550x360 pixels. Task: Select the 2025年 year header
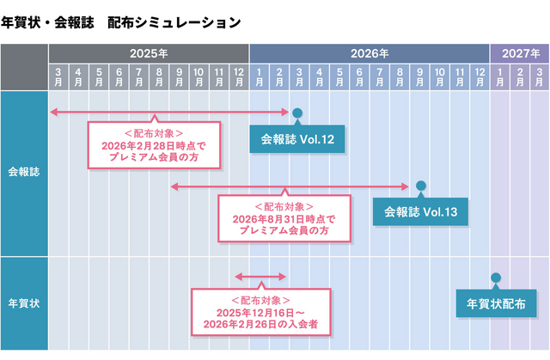click(149, 52)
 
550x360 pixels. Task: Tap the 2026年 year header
click(370, 52)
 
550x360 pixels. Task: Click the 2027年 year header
click(520, 52)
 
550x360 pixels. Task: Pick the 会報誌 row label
click(24, 172)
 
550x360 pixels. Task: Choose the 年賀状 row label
click(24, 303)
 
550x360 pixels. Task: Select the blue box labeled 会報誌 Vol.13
click(420, 211)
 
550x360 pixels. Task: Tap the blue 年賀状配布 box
click(496, 303)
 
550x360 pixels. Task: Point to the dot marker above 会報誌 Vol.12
click(297, 113)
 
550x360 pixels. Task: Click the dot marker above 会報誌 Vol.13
click(420, 186)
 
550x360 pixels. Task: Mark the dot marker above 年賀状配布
click(496, 278)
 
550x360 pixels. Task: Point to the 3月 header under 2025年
click(58, 76)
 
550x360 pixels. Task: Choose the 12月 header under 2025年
click(239, 76)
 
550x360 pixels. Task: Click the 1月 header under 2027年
click(500, 76)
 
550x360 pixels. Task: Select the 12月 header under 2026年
click(480, 76)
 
